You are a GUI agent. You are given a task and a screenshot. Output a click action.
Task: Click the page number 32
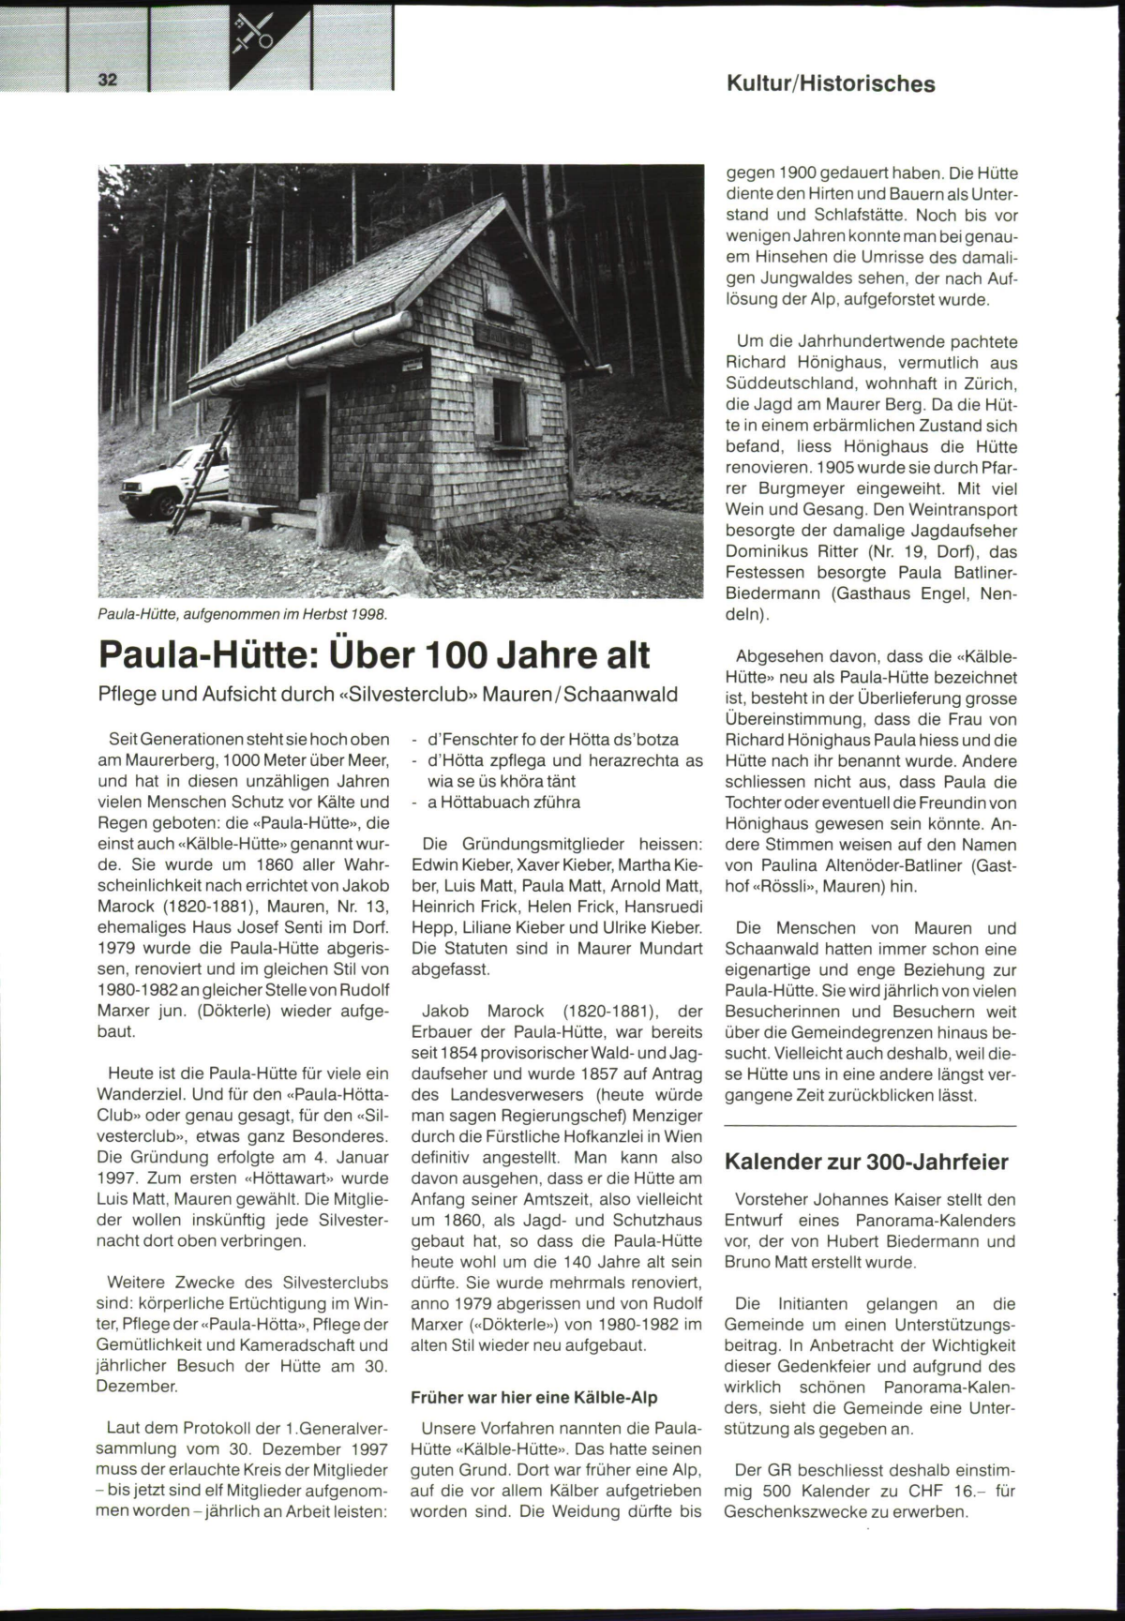click(108, 80)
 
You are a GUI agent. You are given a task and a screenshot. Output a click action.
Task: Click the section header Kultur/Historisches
click(831, 84)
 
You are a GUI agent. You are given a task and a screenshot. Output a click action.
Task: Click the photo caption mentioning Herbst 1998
click(242, 614)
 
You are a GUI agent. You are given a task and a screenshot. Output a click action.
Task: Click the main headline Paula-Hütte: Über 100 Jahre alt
click(374, 654)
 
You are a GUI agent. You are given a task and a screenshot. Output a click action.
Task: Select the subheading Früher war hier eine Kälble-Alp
click(534, 1397)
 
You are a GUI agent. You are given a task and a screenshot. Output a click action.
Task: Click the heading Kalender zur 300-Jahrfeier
click(866, 1163)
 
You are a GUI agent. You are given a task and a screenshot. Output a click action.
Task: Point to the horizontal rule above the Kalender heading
click(870, 1125)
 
